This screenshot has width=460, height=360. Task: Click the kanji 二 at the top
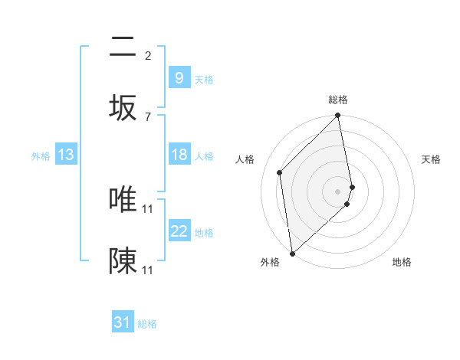(x=123, y=47)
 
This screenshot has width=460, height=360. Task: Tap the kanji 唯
(x=123, y=200)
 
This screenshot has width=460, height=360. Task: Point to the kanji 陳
(x=123, y=261)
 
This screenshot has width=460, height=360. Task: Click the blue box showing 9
(x=179, y=77)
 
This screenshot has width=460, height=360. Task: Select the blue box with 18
(x=179, y=155)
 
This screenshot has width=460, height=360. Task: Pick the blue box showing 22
(x=179, y=231)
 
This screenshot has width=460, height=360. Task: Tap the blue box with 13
(x=66, y=155)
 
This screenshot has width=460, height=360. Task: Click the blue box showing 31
(x=123, y=322)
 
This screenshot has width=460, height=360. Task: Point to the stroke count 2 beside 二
(x=148, y=55)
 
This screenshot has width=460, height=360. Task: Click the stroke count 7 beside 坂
(x=148, y=116)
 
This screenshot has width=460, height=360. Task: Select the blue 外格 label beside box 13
(x=41, y=155)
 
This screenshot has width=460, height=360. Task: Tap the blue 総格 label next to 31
(x=147, y=324)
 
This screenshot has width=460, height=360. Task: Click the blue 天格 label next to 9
(x=204, y=79)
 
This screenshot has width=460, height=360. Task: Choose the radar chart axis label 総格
(x=338, y=100)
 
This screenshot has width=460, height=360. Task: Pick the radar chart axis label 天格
(x=432, y=159)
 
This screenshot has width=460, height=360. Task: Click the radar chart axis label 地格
(x=402, y=262)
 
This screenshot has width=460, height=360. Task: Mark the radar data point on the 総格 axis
(x=338, y=116)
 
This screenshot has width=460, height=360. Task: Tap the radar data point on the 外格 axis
(x=292, y=253)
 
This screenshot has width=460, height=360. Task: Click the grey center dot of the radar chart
(x=338, y=190)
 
